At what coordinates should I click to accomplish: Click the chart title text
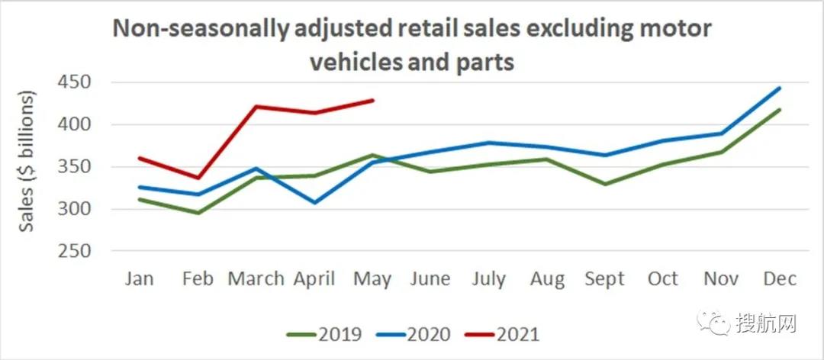click(x=412, y=44)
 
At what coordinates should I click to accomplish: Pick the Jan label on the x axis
click(x=139, y=278)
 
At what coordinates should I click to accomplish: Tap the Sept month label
click(x=604, y=278)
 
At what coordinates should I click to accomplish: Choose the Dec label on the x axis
click(x=780, y=278)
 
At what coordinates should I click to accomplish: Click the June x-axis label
click(x=430, y=278)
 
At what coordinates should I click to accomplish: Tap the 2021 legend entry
click(x=518, y=334)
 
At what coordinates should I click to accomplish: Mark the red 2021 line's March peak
click(x=256, y=106)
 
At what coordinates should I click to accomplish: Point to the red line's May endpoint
click(x=373, y=100)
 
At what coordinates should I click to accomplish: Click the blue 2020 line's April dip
click(x=314, y=203)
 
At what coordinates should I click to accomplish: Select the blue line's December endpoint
click(x=780, y=88)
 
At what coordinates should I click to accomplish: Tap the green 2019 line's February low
click(x=198, y=213)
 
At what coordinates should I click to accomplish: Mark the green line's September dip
click(x=604, y=184)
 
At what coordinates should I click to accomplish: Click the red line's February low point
click(x=198, y=178)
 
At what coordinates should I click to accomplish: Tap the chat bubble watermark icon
click(x=719, y=323)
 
